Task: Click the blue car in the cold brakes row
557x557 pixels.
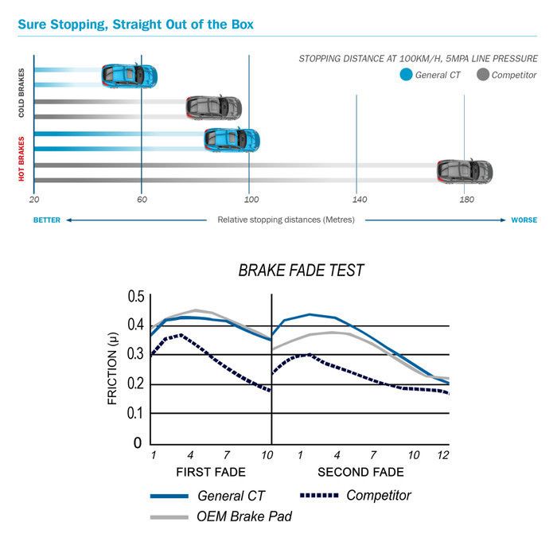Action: coord(129,76)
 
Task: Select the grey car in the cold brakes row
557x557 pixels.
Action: coord(213,107)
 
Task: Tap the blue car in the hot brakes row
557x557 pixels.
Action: coord(232,139)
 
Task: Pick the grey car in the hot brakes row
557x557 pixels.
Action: coord(465,170)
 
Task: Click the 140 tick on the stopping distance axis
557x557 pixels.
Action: coord(358,199)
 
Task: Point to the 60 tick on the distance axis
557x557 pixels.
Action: coord(141,199)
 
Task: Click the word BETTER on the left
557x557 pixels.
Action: coord(47,220)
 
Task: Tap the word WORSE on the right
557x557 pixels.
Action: coord(524,220)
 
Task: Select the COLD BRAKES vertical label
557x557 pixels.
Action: coord(21,93)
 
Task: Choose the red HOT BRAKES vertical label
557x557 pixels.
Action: coord(21,158)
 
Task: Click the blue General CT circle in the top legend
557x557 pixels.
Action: coord(406,76)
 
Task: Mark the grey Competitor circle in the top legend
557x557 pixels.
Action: coord(482,76)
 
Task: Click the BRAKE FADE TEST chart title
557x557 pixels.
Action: coord(301,271)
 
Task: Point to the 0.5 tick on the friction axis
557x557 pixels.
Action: coord(136,297)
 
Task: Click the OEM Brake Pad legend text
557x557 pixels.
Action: coord(243,516)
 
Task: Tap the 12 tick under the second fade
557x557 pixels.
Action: coord(442,454)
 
